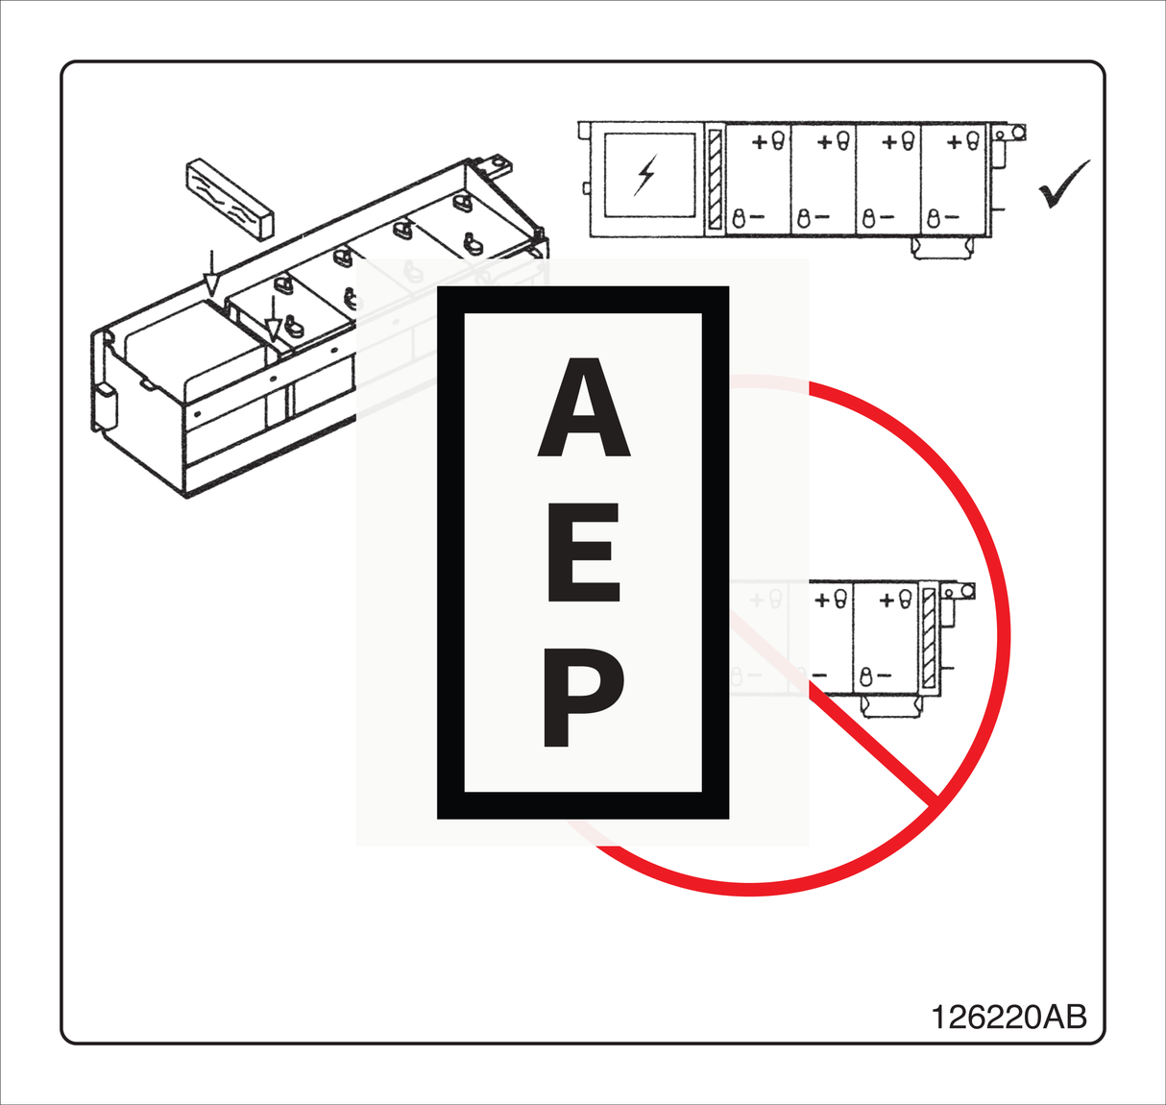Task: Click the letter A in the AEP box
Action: (x=583, y=408)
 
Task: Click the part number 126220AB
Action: (x=1008, y=1017)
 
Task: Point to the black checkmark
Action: (x=1063, y=184)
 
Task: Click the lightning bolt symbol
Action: (x=646, y=174)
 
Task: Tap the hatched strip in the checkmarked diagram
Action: (x=715, y=179)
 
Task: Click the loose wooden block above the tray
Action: (x=230, y=197)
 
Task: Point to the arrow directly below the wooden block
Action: (x=211, y=275)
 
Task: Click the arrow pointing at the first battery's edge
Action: (x=274, y=321)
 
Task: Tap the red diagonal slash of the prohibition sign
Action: (x=869, y=745)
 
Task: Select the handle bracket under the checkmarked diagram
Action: (x=942, y=248)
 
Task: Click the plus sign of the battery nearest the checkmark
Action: (x=954, y=142)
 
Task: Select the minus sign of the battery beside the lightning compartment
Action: (x=757, y=218)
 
